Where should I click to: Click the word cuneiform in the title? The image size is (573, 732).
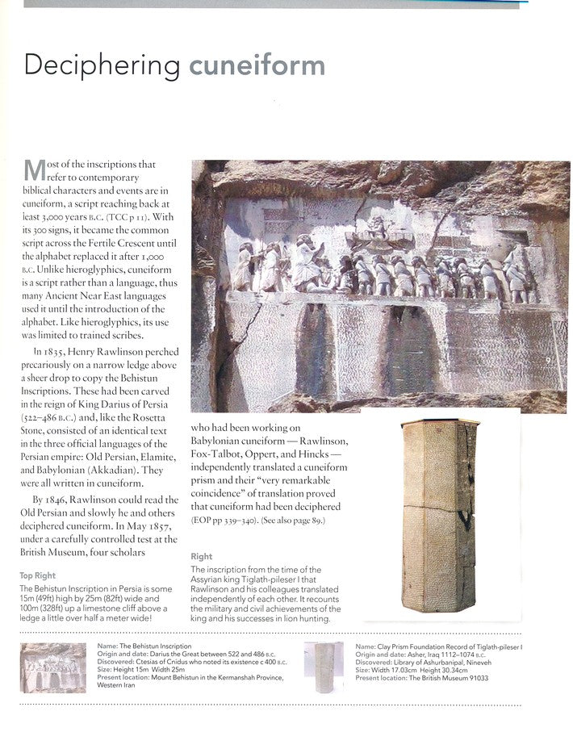[x=257, y=65]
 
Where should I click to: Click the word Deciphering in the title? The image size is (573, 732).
[x=102, y=66]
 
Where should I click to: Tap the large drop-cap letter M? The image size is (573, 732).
[x=34, y=170]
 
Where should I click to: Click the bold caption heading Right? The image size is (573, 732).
[x=202, y=557]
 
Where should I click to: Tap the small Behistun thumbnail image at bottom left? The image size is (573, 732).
[x=53, y=667]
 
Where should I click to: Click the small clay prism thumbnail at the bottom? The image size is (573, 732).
[x=324, y=667]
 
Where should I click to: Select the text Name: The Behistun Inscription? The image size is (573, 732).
[x=144, y=646]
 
